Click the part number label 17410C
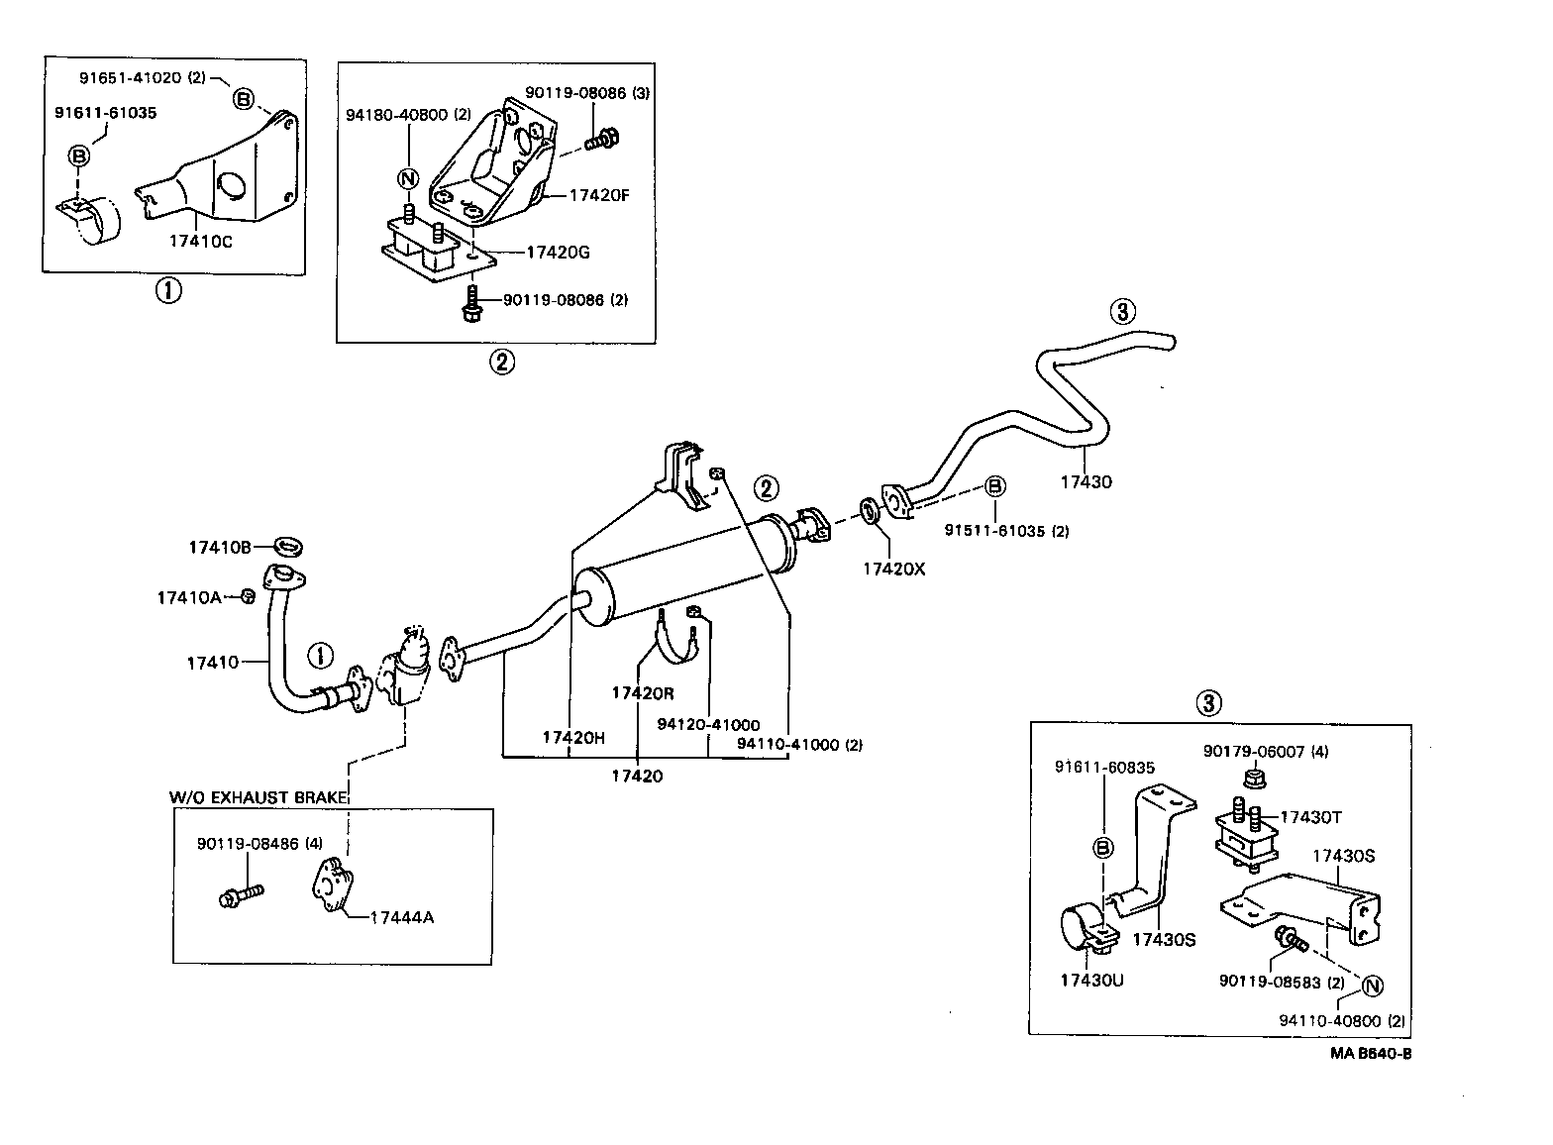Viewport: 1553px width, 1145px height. coord(200,242)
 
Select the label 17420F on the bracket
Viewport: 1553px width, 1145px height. coord(598,195)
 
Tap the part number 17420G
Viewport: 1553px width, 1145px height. coord(557,252)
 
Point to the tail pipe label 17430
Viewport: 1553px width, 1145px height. coord(1086,482)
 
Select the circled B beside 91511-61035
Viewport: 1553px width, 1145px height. coord(995,486)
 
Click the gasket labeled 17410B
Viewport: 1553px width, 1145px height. coord(288,546)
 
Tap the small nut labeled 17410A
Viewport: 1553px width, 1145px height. coord(249,596)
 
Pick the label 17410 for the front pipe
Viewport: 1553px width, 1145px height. coord(212,662)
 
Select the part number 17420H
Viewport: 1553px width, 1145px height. coord(572,737)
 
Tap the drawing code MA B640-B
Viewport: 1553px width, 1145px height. coord(1370,1053)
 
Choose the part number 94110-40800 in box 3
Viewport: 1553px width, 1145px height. coord(1343,1020)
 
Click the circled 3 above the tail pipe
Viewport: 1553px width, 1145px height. coord(1121,312)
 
